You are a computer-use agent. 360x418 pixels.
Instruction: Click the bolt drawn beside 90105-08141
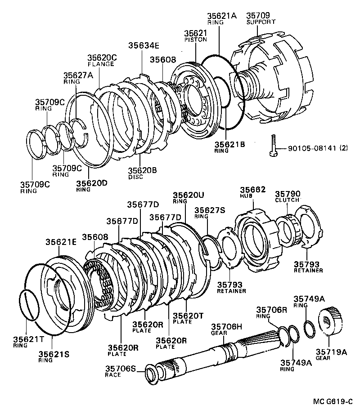(x=274, y=145)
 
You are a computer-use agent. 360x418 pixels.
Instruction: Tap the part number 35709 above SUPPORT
(x=258, y=15)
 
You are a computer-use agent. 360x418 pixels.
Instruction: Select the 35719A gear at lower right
(x=331, y=321)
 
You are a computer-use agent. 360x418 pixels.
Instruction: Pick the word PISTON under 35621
(x=196, y=40)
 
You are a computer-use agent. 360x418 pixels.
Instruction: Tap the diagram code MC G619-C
(x=333, y=401)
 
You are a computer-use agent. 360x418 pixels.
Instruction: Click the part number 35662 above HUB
(x=252, y=189)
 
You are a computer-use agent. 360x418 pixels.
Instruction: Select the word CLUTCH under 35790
(x=287, y=200)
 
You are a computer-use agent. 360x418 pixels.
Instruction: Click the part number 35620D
(x=91, y=183)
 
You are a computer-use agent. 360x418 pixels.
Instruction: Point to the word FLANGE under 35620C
(x=101, y=64)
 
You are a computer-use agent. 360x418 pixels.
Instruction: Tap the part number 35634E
(x=144, y=45)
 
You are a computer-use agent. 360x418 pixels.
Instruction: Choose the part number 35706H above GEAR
(x=226, y=327)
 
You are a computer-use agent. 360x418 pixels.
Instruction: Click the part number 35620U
(x=189, y=195)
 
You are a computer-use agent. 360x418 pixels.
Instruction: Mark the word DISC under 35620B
(x=135, y=177)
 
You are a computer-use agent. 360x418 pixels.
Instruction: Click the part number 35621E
(x=61, y=242)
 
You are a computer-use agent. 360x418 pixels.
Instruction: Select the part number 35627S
(x=210, y=210)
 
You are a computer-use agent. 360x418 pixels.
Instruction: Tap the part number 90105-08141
(x=312, y=148)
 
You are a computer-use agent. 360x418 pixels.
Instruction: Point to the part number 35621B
(x=230, y=144)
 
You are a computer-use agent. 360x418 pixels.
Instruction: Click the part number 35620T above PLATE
(x=188, y=316)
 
